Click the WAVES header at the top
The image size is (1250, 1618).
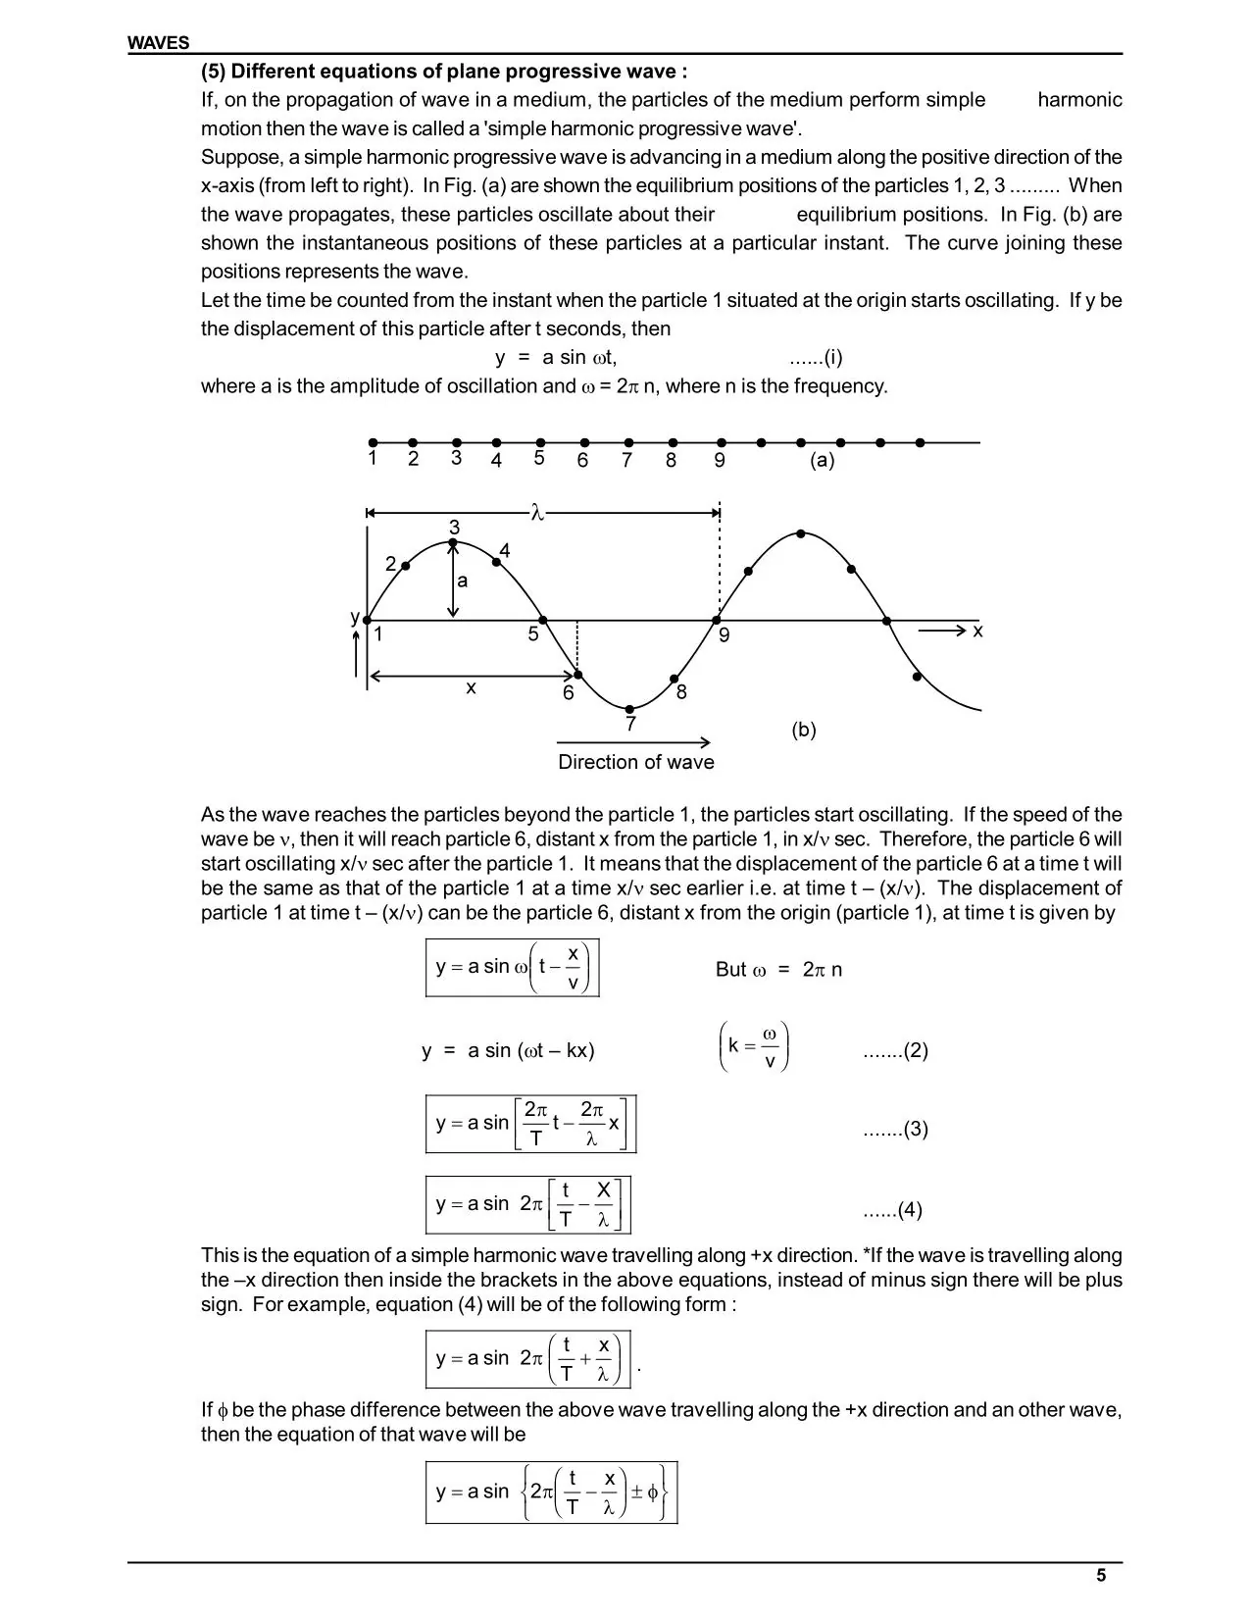pyautogui.click(x=158, y=43)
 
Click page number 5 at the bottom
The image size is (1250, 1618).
pyautogui.click(x=1101, y=1576)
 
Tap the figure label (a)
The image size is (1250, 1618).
pyautogui.click(x=822, y=460)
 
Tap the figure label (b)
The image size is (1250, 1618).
pyautogui.click(x=803, y=730)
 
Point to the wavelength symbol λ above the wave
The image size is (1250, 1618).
pyautogui.click(x=536, y=512)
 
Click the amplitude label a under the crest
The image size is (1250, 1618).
pyautogui.click(x=463, y=581)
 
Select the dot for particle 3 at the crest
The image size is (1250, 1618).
pyautogui.click(x=453, y=541)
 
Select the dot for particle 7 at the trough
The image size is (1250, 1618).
pyautogui.click(x=630, y=708)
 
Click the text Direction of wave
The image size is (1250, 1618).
pyautogui.click(x=635, y=762)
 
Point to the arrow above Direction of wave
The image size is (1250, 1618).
pyautogui.click(x=633, y=742)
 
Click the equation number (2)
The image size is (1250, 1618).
pyautogui.click(x=895, y=1051)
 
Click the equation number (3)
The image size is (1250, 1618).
pyautogui.click(x=895, y=1130)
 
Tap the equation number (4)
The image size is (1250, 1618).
pyautogui.click(x=893, y=1210)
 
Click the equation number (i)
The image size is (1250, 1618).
pyautogui.click(x=817, y=358)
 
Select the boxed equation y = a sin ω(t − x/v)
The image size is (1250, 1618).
pyautogui.click(x=512, y=968)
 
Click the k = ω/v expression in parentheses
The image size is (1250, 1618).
pyautogui.click(x=753, y=1047)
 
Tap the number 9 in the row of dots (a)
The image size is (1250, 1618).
pyautogui.click(x=720, y=461)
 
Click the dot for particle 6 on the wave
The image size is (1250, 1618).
pyautogui.click(x=577, y=675)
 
